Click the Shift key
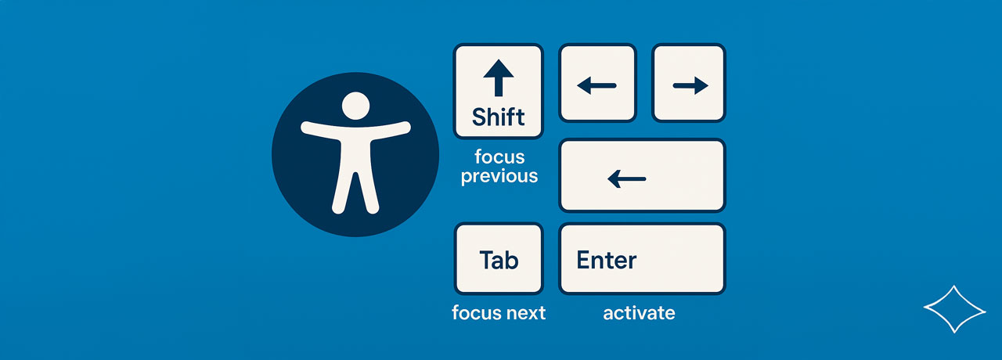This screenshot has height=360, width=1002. point(499,92)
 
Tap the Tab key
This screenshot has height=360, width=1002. point(499,259)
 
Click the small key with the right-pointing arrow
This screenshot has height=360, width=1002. point(688,83)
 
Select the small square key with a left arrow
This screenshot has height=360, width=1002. point(597,83)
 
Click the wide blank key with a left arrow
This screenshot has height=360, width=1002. point(642,175)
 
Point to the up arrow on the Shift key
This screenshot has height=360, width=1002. point(499,77)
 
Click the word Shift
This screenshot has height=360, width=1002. point(499,117)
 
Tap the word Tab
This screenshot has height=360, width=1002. point(499,260)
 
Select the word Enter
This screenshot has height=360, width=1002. point(606,260)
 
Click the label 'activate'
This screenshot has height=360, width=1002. point(640,313)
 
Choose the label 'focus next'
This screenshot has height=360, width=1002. point(499,312)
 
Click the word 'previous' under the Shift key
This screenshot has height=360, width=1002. point(499,177)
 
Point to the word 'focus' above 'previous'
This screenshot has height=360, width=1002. point(499,157)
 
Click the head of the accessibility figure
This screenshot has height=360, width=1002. point(355,106)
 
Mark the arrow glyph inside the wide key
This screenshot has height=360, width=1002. point(627,179)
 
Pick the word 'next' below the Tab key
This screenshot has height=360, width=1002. point(526,313)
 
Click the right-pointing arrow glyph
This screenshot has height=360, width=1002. point(690,85)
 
